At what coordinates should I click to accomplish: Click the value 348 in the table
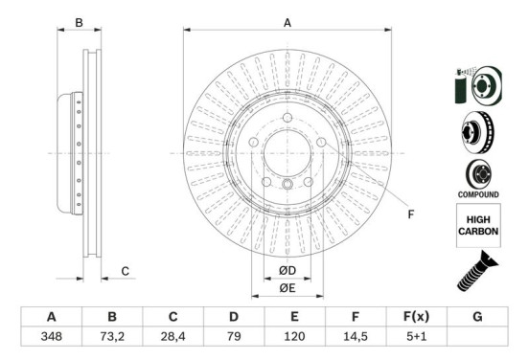tap(52, 336)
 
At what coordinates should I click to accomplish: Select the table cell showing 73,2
tap(112, 336)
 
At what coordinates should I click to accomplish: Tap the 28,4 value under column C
tap(172, 336)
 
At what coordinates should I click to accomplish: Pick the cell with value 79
tap(234, 336)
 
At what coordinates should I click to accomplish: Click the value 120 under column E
tap(294, 336)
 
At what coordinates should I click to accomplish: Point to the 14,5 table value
tap(356, 336)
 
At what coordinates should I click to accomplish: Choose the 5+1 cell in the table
tap(416, 336)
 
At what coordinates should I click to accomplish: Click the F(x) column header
tap(416, 317)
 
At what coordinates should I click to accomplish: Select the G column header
tap(477, 317)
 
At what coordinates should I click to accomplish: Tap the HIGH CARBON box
tap(478, 225)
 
